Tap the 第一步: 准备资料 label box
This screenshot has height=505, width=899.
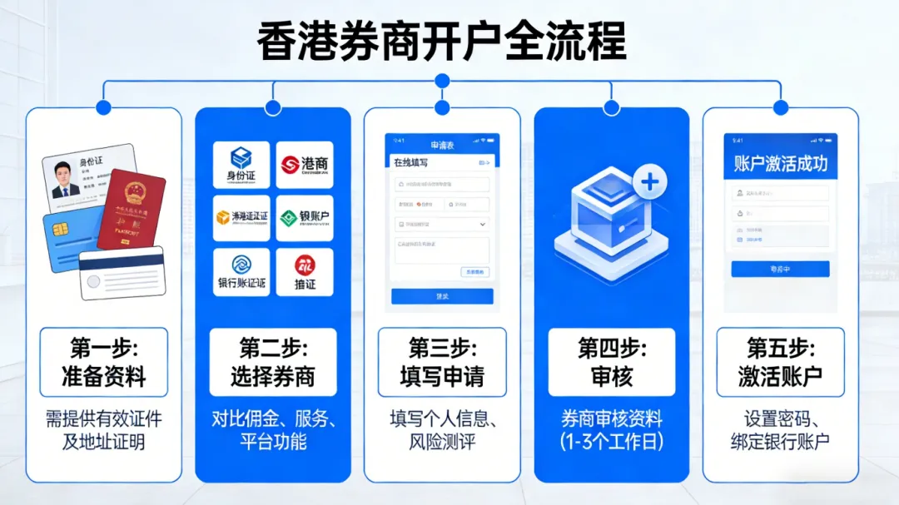tap(104, 362)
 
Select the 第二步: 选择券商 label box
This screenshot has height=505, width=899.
tap(273, 362)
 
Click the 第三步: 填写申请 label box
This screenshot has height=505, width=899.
tap(442, 362)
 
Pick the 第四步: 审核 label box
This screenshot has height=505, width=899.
tap(612, 362)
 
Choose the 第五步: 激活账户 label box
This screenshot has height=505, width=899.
tap(780, 362)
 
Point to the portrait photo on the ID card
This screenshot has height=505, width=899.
tap(66, 180)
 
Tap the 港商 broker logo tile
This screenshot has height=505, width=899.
tap(305, 165)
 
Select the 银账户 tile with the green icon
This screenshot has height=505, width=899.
tap(305, 218)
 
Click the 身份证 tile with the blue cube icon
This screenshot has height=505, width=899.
tap(241, 165)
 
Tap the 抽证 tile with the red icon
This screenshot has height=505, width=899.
tap(305, 272)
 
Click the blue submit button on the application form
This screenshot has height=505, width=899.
tap(442, 296)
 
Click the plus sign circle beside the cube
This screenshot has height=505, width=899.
tap(650, 182)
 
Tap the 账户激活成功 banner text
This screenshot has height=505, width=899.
tap(780, 163)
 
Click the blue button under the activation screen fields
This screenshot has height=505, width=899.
tap(780, 269)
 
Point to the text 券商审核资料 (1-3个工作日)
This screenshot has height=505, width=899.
tap(612, 430)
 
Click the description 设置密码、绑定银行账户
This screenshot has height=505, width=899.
tap(780, 430)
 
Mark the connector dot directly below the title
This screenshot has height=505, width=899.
tap(442, 81)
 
